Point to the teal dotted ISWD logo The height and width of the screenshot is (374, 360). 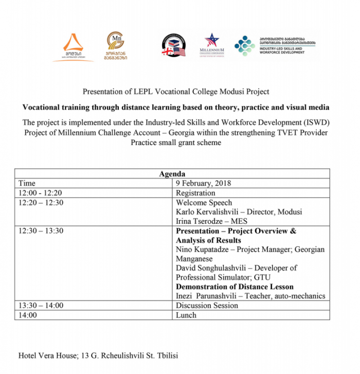click(244, 45)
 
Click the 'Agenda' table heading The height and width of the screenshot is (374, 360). click(172, 174)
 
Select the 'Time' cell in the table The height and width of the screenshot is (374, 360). click(27, 183)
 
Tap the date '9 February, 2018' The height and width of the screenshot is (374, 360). click(203, 183)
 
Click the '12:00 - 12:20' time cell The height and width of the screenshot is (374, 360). click(40, 193)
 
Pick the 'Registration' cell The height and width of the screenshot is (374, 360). click(195, 193)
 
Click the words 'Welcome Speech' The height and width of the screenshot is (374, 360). click(204, 203)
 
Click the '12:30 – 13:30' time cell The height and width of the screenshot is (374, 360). click(41, 231)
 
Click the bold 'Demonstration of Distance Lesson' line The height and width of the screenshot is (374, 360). click(235, 287)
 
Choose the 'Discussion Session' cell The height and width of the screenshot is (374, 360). click(207, 306)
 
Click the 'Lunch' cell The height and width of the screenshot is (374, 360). click(186, 315)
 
